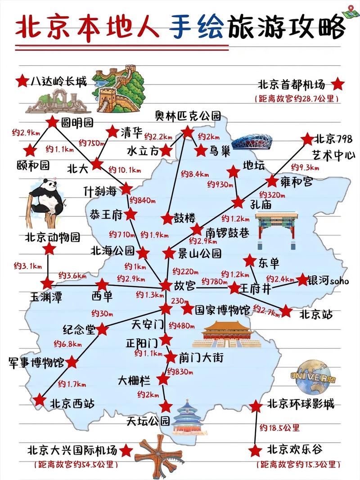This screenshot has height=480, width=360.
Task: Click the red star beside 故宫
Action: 166,285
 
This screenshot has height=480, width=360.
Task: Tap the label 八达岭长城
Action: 58,81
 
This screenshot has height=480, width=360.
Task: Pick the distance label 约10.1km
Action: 125,170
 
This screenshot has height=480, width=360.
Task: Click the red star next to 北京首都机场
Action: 337,84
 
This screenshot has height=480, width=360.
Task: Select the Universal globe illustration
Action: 313,376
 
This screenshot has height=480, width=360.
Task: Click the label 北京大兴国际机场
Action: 72,450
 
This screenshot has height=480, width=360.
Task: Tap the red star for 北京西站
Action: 40,400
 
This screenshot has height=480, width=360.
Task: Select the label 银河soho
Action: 328,281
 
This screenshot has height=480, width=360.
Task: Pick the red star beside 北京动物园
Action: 49,249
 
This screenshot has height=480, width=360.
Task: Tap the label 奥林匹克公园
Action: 188,116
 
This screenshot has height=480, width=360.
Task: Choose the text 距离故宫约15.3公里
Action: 296,464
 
